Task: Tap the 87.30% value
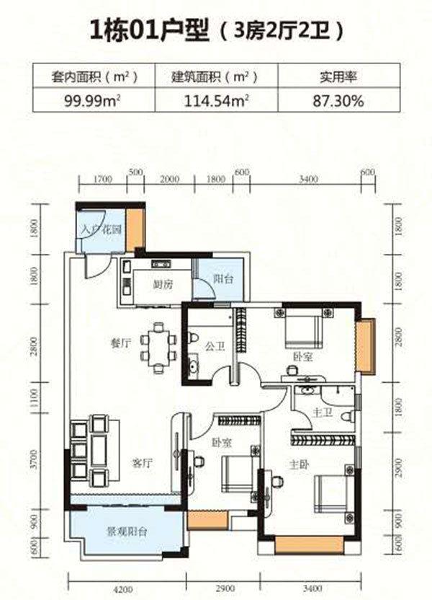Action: [338, 101]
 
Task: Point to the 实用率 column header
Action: [338, 77]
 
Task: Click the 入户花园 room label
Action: [102, 229]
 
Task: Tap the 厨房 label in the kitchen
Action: [163, 284]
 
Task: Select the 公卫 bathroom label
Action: [215, 347]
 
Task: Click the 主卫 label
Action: [323, 412]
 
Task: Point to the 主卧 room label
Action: [299, 465]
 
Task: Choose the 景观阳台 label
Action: [127, 531]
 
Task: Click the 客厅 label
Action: [142, 464]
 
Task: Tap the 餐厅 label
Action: [121, 343]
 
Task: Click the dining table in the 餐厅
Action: [158, 348]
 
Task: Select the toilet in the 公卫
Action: [193, 338]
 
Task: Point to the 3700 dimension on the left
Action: [35, 459]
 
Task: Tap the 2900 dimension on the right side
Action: [398, 467]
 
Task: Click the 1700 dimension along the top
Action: [102, 179]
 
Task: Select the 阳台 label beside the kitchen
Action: [223, 278]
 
